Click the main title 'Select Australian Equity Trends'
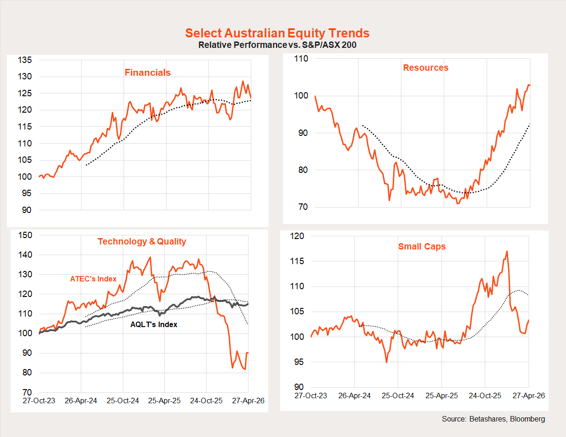277,33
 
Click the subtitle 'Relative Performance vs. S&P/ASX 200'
277,45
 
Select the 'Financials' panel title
147,73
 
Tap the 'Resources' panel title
426,68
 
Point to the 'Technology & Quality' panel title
142,241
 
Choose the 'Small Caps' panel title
422,246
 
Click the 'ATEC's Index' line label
93,279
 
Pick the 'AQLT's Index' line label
154,324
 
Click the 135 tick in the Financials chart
25,60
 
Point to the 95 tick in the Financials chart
27,193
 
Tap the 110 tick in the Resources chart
301,58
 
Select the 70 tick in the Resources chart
303,207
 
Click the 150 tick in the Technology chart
25,235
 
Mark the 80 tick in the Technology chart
27,372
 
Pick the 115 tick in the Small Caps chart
297,261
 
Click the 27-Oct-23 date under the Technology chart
39,401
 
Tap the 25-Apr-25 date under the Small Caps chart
441,395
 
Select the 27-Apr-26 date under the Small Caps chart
529,395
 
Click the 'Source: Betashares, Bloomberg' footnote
493,419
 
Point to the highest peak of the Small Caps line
507,251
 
